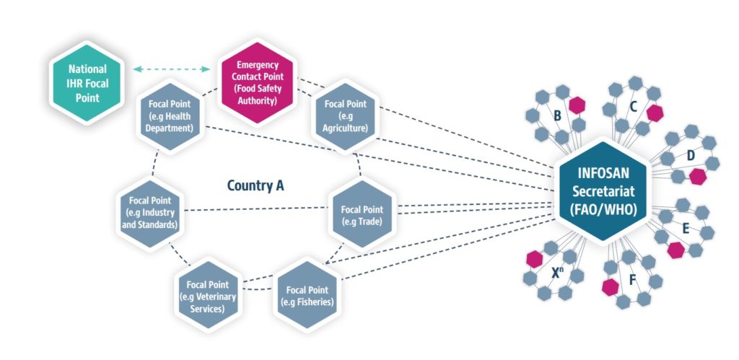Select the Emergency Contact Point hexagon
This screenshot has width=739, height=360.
click(x=257, y=82)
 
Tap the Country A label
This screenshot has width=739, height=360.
click(x=255, y=185)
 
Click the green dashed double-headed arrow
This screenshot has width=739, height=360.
click(x=171, y=69)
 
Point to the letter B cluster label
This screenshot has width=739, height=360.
click(x=557, y=115)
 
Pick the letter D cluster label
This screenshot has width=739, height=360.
click(x=690, y=155)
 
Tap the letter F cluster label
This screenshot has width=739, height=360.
click(x=632, y=278)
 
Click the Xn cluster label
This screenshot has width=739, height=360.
click(x=558, y=273)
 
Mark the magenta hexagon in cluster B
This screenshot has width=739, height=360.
click(x=576, y=105)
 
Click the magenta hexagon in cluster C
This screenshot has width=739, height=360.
click(x=654, y=113)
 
